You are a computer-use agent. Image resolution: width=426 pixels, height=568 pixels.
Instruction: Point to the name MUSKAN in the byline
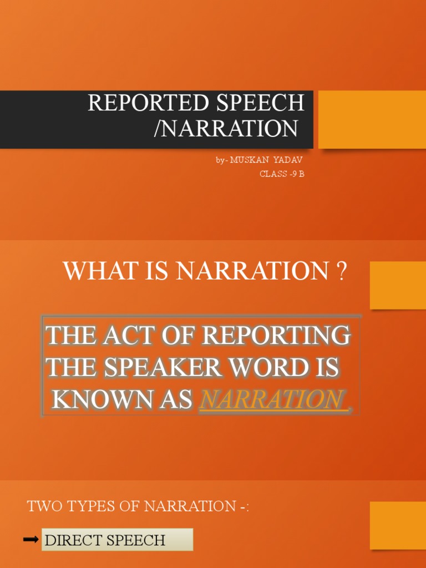249,160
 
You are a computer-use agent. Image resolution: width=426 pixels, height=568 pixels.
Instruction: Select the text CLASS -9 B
282,174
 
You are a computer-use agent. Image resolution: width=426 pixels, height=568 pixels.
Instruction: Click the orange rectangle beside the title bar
372,119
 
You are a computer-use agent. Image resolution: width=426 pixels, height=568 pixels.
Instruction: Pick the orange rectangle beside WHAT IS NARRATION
397,285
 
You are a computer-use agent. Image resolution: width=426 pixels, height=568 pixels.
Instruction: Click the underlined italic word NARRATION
271,399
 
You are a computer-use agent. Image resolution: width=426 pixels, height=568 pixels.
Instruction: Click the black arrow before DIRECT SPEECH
31,540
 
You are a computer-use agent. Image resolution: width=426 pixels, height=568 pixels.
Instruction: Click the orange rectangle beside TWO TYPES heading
397,525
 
